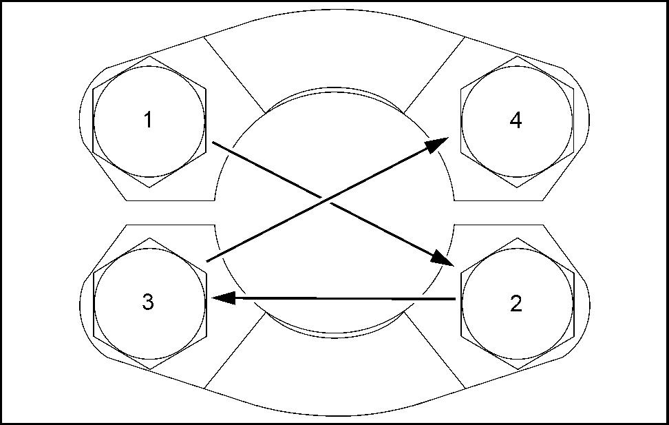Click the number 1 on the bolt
pos(148,121)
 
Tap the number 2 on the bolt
pos(516,303)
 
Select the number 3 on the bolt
pos(148,303)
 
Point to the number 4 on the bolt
pos(516,121)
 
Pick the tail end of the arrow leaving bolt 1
pos(213,143)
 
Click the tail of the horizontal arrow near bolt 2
pos(454,299)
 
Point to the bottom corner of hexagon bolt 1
pos(149,187)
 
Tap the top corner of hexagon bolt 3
pos(149,238)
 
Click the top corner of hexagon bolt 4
pos(516,56)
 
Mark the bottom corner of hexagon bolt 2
pos(516,369)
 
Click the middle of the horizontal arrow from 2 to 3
pos(337,298)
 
